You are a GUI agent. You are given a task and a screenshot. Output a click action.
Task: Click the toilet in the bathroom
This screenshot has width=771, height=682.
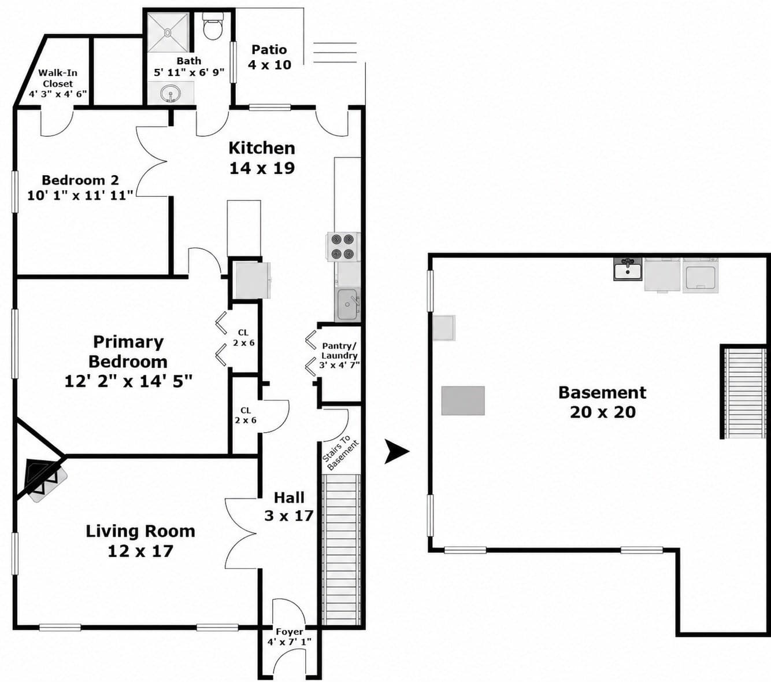pos(212,26)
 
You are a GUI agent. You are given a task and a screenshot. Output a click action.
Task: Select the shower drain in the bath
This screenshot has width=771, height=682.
pos(168,33)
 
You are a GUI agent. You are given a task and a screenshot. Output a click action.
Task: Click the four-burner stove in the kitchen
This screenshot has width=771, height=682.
pos(343,246)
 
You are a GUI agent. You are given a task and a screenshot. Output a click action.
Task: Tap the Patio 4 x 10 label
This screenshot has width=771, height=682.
pos(269,57)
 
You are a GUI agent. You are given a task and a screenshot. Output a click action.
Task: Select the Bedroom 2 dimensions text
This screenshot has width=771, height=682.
pos(80,196)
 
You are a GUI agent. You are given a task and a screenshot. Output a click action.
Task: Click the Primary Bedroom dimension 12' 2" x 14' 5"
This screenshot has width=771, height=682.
pos(128,381)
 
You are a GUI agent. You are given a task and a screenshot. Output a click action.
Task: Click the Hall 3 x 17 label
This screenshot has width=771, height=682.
pos(289,507)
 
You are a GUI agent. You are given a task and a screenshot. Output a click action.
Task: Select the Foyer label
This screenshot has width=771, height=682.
pos(289,632)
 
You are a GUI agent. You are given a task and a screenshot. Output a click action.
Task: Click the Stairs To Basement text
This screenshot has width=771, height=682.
pos(340,453)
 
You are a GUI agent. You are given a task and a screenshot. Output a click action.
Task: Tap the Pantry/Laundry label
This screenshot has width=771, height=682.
pos(339,351)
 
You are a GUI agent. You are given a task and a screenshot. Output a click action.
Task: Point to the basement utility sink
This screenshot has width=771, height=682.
pos(628,270)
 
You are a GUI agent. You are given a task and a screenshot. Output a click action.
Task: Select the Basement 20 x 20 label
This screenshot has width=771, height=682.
pos(602,403)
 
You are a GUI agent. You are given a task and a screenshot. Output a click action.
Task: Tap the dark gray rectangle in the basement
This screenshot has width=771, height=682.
pos(463,401)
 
